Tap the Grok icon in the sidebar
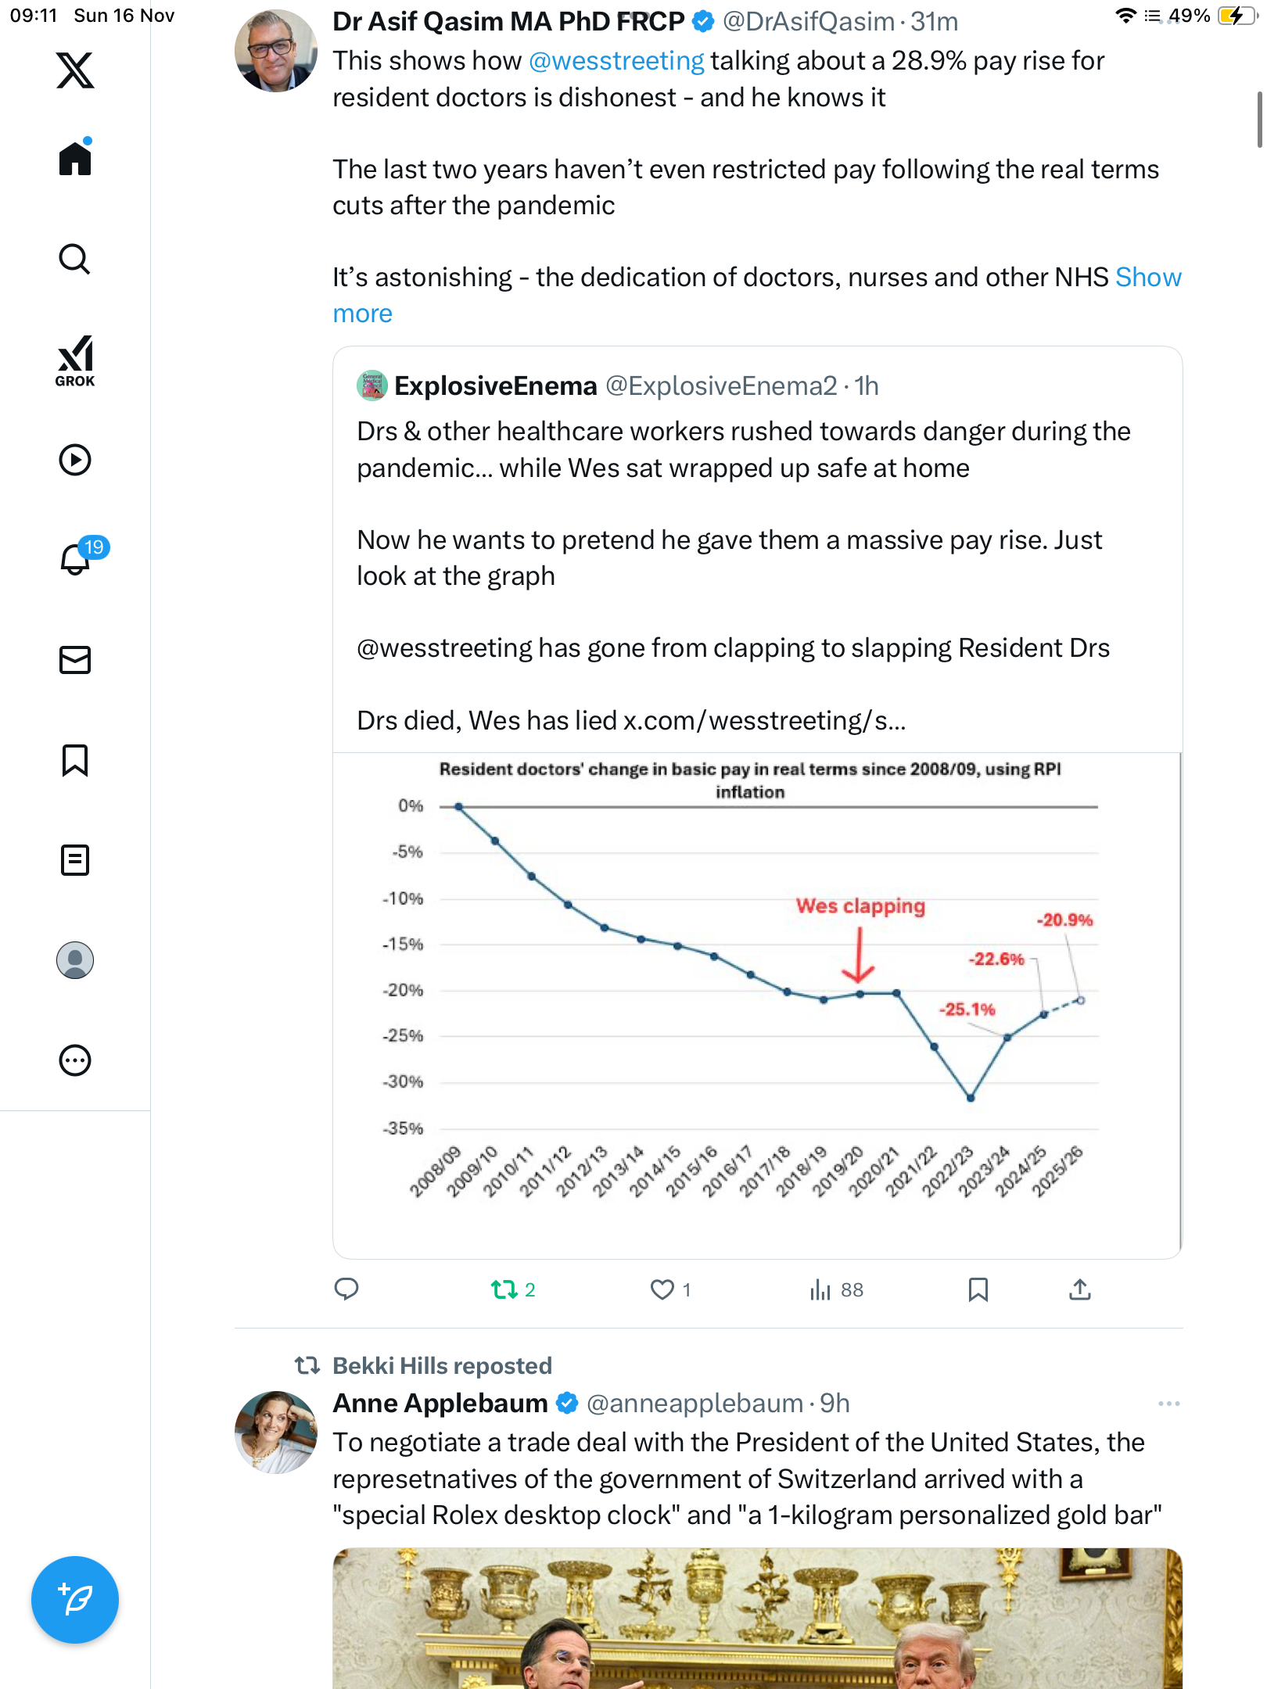pos(75,360)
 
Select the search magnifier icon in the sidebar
pos(75,259)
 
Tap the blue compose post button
pos(75,1600)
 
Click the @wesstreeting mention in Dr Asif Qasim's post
pos(616,61)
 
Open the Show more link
pos(363,314)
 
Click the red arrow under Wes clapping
pos(859,956)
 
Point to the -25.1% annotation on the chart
pos(967,1009)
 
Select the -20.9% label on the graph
pos(1064,920)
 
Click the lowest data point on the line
pos(971,1098)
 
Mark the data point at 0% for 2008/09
pos(459,806)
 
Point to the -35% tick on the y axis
pos(403,1128)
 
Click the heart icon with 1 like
pos(662,1289)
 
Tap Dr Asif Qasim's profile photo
pos(275,52)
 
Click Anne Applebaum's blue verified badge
pos(567,1404)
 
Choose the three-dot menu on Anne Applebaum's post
pos(1168,1404)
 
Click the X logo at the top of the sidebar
pos(75,70)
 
